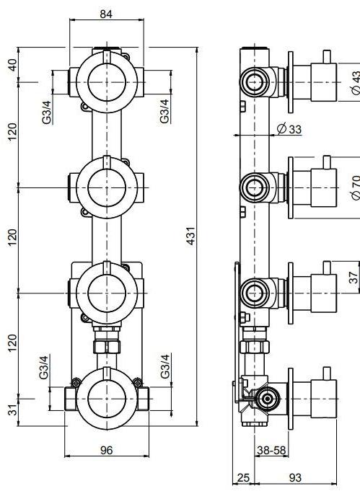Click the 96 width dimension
pos(105,450)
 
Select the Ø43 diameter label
pos(354,81)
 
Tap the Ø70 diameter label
pos(354,188)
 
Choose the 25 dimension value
pos(243,478)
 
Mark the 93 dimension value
pos(295,478)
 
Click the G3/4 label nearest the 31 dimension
pos(44,366)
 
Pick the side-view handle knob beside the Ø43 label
pos(325,79)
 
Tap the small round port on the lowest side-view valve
pos(267,397)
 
